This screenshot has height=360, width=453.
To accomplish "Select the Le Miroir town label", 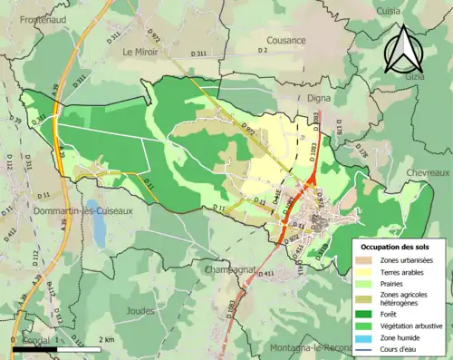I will click(140, 52).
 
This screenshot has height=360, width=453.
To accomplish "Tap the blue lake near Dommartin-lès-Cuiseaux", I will click(97, 222).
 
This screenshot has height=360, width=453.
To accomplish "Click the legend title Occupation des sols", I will click(396, 246).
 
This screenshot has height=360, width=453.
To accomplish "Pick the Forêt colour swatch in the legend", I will click(365, 312).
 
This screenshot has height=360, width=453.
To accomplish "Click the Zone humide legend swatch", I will click(365, 338).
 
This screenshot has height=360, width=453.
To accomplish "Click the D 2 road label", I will click(264, 51).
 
